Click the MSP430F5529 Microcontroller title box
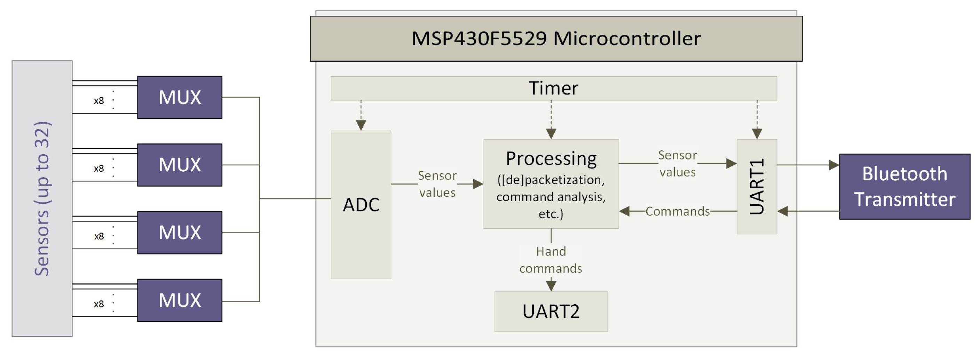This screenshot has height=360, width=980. (x=556, y=38)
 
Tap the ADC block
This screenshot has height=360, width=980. (x=361, y=205)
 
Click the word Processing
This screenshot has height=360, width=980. (x=551, y=158)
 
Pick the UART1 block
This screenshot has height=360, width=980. (x=756, y=187)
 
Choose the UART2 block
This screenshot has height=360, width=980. (x=551, y=311)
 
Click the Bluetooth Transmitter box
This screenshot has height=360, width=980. (x=904, y=187)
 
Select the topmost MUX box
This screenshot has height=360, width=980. (x=180, y=97)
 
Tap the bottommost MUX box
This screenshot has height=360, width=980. (x=180, y=300)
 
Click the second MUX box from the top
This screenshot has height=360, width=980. (x=180, y=165)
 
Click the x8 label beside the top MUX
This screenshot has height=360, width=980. (x=99, y=101)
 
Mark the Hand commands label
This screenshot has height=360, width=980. (x=551, y=260)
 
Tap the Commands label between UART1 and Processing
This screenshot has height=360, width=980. (x=677, y=211)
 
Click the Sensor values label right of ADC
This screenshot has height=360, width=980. (x=437, y=184)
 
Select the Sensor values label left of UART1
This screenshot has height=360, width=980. (x=677, y=164)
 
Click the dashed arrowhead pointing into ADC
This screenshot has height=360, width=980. (x=361, y=125)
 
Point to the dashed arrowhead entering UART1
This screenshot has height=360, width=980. (x=757, y=134)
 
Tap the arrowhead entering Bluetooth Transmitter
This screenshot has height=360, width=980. (x=834, y=165)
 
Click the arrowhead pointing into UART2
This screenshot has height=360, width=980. (x=551, y=286)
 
